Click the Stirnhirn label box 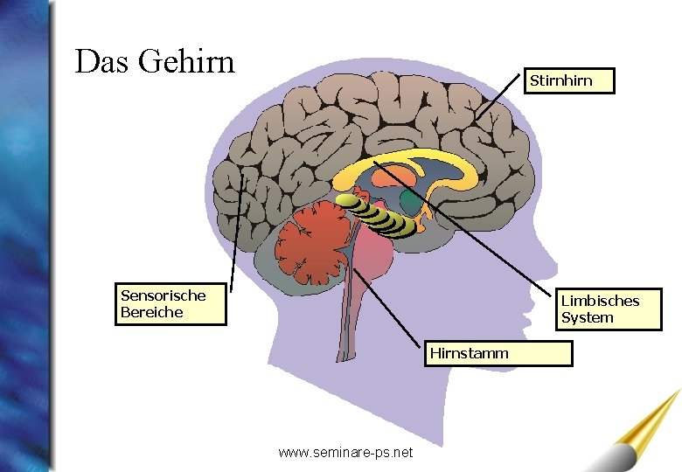click(x=568, y=81)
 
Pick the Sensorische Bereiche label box click(x=170, y=304)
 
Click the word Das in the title click(x=101, y=62)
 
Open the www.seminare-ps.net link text click(x=345, y=453)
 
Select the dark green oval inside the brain click(x=410, y=203)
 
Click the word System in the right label click(x=588, y=318)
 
